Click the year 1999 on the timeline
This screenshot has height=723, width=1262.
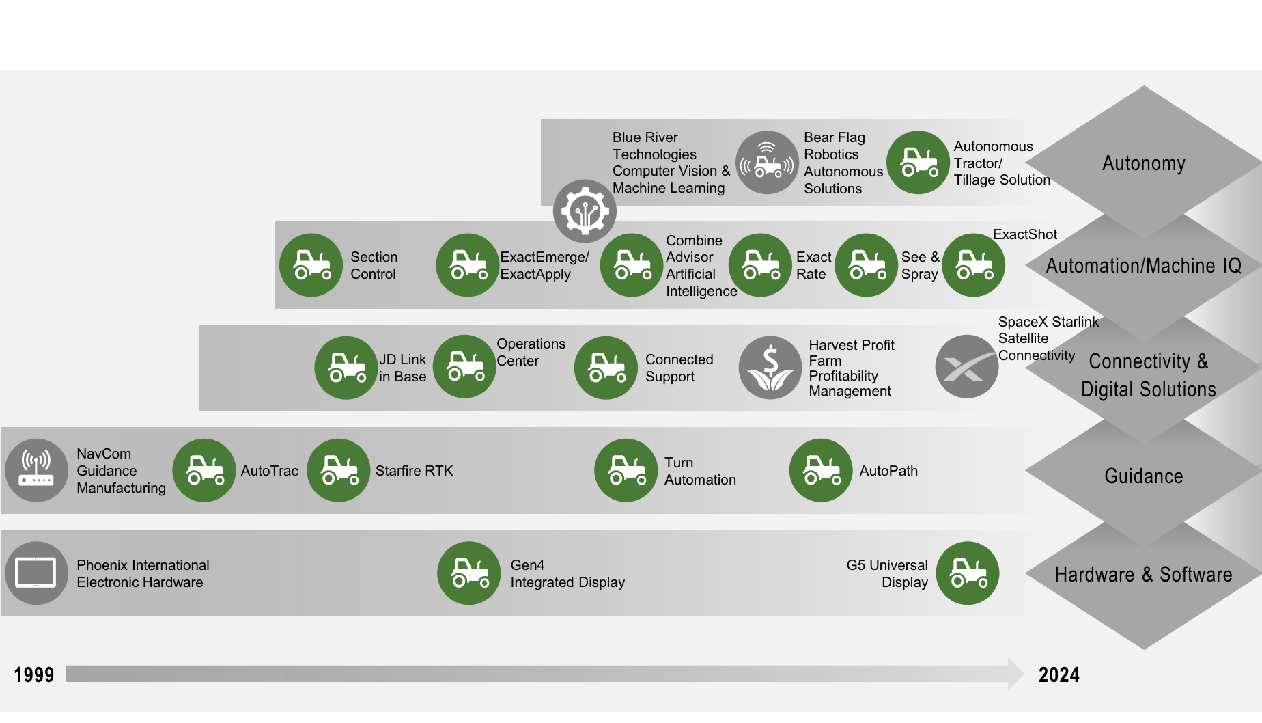click(x=34, y=675)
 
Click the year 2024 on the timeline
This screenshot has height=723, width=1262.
click(x=1058, y=675)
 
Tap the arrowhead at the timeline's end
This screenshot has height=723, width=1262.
click(x=1015, y=674)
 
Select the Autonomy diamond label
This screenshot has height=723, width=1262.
click(x=1143, y=164)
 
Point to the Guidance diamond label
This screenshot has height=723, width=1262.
click(x=1143, y=476)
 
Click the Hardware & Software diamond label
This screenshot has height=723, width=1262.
click(x=1143, y=575)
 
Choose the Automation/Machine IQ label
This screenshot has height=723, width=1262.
click(x=1143, y=266)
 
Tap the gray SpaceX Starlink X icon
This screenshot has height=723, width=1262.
click(x=966, y=367)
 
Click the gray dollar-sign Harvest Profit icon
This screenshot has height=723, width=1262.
click(x=770, y=368)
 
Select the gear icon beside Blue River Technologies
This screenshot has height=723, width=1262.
click(x=585, y=211)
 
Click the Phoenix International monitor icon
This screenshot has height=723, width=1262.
click(x=36, y=573)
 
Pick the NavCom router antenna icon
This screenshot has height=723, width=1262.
click(x=36, y=470)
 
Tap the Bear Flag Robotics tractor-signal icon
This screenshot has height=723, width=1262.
click(x=767, y=163)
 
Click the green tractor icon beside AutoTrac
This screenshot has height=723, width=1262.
click(x=204, y=470)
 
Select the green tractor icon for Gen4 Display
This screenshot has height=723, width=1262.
click(x=469, y=573)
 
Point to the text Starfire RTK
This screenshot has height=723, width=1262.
click(x=414, y=471)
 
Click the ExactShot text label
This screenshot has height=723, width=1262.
click(x=1024, y=235)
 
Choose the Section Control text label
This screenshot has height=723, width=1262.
click(x=374, y=266)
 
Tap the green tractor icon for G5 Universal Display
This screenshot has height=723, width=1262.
click(x=968, y=573)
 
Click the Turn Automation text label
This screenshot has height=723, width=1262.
click(x=700, y=471)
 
